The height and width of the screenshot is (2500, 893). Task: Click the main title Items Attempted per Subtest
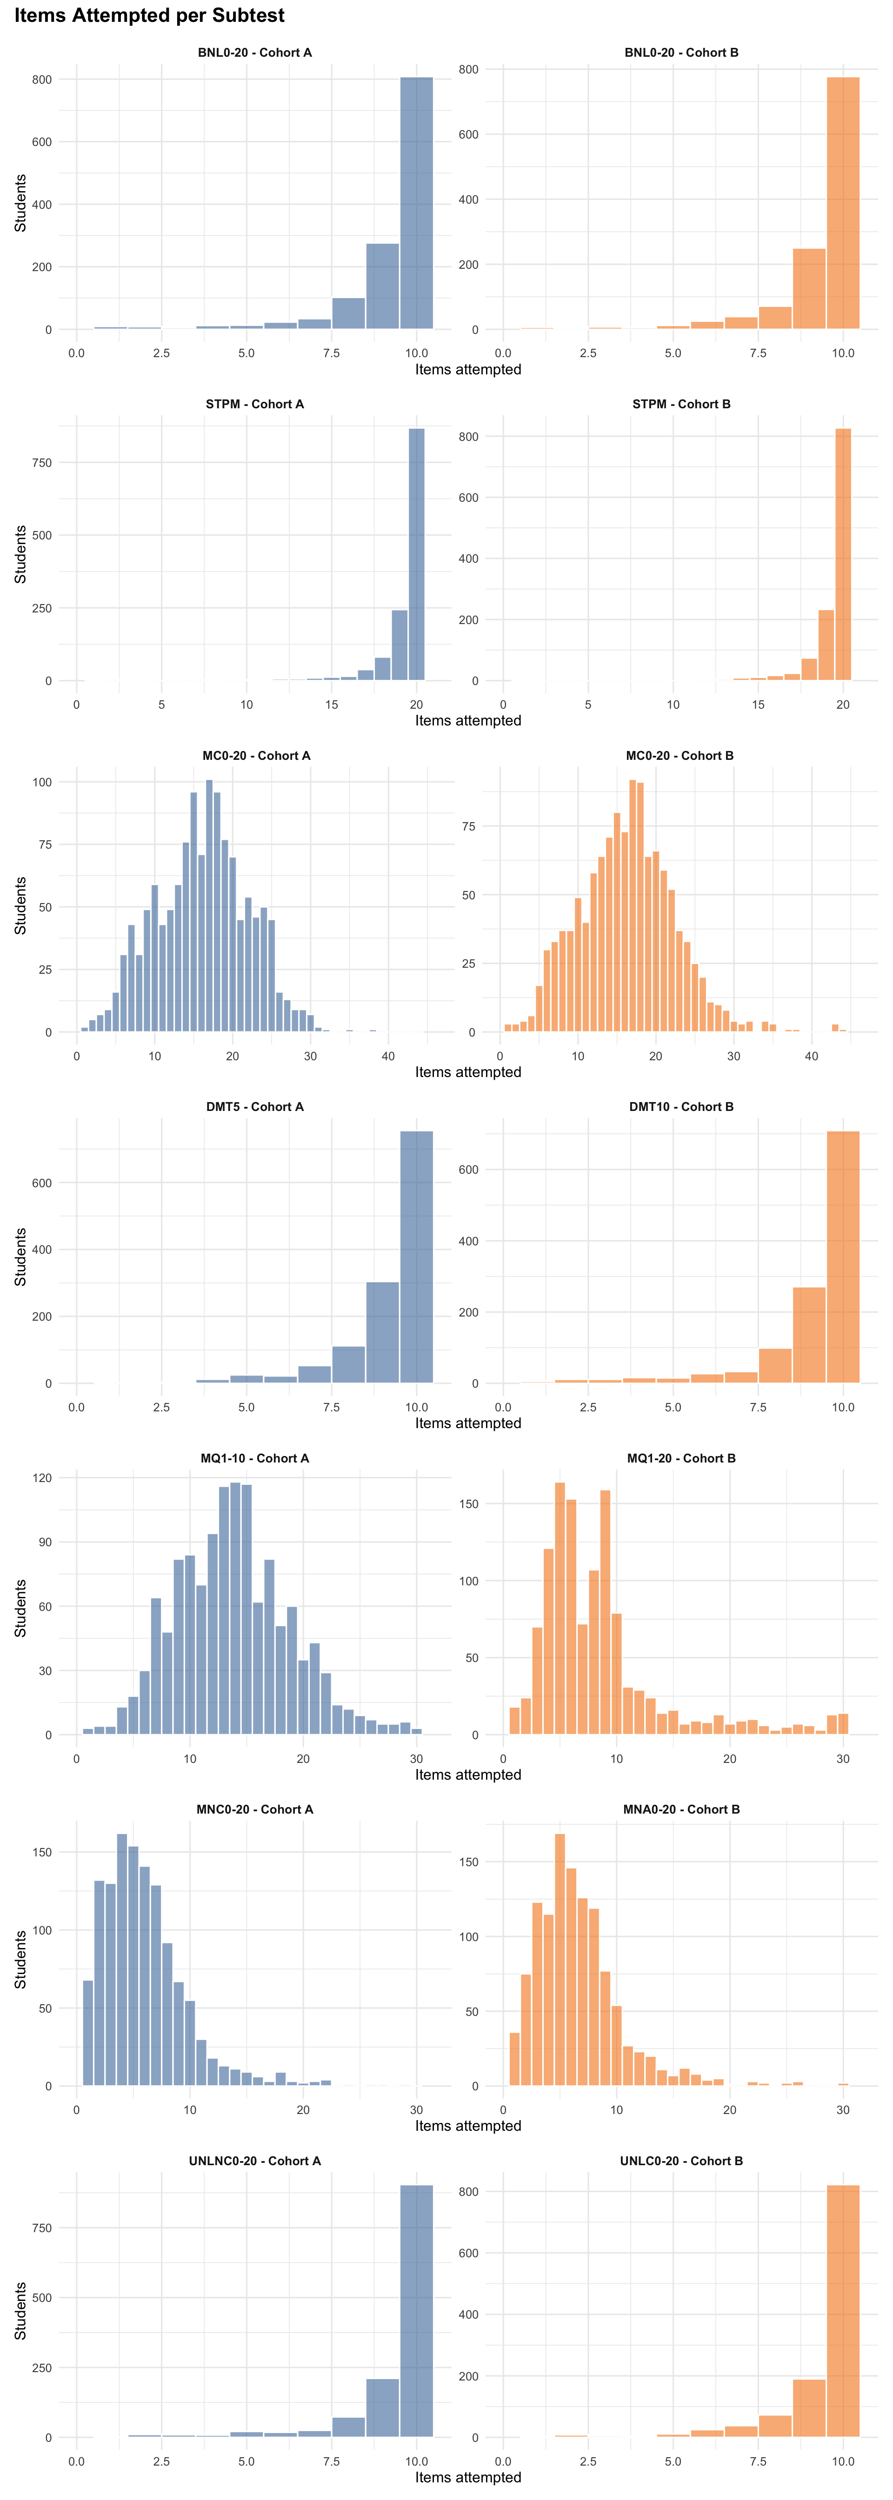coord(149,15)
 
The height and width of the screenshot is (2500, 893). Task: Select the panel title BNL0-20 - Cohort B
coord(681,53)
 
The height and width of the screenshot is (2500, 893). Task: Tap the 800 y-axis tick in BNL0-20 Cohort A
coord(42,80)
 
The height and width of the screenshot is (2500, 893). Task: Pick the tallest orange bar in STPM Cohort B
coord(844,553)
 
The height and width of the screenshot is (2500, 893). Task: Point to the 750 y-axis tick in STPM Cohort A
coord(42,463)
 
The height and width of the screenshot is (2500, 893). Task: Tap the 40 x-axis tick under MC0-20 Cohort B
coord(812,1056)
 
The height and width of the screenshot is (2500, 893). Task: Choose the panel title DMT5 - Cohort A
coord(254,1106)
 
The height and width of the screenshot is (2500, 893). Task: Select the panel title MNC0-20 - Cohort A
coord(254,1809)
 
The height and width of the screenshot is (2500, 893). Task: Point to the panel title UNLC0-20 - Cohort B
coord(681,2161)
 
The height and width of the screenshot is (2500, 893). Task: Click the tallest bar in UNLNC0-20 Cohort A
coord(416,2310)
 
